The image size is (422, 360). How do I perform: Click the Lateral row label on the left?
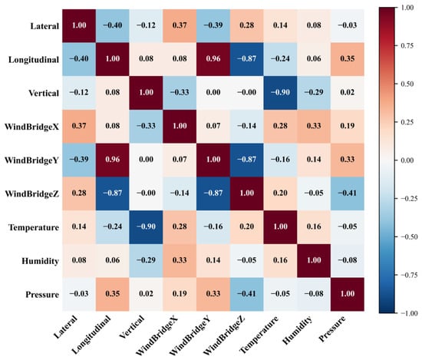(45, 26)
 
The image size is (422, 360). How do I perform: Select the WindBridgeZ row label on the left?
(31, 194)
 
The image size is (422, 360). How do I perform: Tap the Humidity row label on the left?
(40, 261)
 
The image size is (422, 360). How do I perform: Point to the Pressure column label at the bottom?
(332, 329)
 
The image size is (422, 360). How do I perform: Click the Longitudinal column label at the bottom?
(92, 335)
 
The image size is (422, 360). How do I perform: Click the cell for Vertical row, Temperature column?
(280, 93)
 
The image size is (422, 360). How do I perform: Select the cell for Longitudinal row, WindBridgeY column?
(213, 59)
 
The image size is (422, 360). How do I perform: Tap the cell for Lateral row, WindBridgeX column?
(180, 26)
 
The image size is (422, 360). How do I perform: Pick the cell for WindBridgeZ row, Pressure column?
(348, 193)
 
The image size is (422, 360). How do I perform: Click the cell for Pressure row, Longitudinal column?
(113, 294)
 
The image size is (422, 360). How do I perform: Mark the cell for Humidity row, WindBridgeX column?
(180, 261)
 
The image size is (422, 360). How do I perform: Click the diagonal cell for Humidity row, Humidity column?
(314, 261)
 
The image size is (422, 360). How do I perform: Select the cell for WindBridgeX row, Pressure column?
(348, 127)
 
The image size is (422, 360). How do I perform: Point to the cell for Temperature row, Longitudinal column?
(113, 227)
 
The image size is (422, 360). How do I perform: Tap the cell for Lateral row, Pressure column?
(348, 26)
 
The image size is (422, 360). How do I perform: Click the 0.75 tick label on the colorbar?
(407, 45)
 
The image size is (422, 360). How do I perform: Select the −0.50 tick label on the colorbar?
(409, 236)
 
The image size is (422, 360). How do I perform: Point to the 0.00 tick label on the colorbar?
(407, 160)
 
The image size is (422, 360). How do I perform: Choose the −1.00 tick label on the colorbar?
(409, 313)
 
